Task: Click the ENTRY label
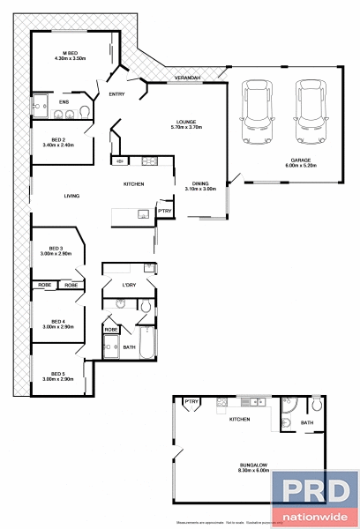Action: click(116, 93)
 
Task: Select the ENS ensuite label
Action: click(64, 102)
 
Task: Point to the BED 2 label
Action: click(58, 141)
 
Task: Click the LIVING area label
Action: click(72, 196)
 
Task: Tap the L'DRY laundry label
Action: click(129, 285)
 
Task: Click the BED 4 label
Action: click(56, 324)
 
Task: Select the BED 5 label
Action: click(56, 376)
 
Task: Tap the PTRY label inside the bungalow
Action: click(190, 402)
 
